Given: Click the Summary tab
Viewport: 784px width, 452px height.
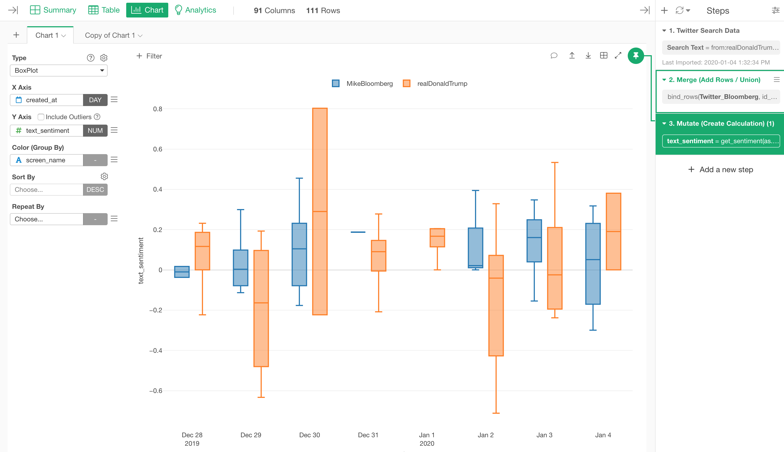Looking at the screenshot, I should (53, 10).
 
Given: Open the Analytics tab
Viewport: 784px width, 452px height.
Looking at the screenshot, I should (196, 10).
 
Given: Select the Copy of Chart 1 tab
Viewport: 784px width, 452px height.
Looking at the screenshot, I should (113, 36).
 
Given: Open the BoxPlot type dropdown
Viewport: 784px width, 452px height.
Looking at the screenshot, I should (59, 71).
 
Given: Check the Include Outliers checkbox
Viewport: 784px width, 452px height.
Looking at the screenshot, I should (41, 117).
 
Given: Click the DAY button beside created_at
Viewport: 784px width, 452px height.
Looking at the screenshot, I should (95, 100).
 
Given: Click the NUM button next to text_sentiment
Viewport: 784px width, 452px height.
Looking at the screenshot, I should (95, 131).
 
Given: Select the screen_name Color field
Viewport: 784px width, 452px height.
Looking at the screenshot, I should (46, 160).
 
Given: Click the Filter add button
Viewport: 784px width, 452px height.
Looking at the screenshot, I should (149, 56).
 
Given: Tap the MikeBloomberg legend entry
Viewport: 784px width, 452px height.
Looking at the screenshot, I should (362, 84).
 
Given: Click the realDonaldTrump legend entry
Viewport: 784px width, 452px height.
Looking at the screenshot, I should (435, 84).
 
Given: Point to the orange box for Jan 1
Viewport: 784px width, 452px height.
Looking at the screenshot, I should (437, 238).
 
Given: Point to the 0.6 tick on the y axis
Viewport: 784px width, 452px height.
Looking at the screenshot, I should (158, 149).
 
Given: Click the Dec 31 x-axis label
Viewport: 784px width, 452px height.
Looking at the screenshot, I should (368, 435).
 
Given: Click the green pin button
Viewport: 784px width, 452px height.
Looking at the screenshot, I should (635, 56).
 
